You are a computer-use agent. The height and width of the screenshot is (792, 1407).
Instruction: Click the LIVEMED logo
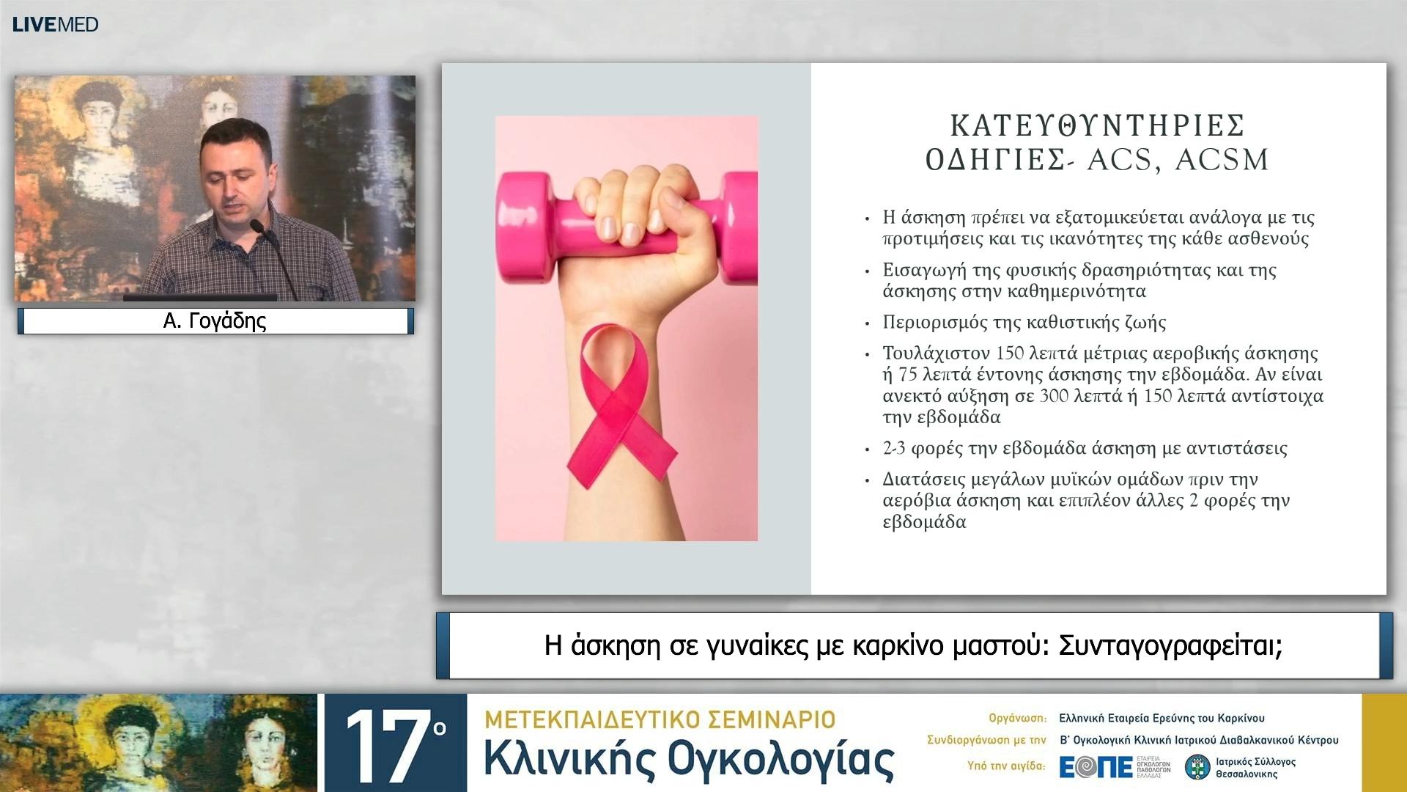(x=55, y=24)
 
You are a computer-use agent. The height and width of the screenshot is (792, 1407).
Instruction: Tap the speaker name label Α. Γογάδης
(x=215, y=320)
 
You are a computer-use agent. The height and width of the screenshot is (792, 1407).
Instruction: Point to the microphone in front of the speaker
(x=258, y=227)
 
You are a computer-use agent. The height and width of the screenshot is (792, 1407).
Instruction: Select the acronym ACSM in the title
(x=1222, y=160)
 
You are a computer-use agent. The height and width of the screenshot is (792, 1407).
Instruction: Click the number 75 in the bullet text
(x=908, y=375)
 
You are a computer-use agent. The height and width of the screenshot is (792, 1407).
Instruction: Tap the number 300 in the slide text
(x=1054, y=396)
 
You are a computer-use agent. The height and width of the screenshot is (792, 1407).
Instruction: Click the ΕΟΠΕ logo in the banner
(x=1096, y=767)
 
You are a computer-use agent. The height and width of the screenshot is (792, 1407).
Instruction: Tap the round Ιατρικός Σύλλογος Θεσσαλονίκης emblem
(x=1197, y=767)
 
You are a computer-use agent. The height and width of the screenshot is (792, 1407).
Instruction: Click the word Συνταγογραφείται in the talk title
(x=1170, y=645)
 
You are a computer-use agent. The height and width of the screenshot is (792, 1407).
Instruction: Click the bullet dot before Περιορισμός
(x=867, y=323)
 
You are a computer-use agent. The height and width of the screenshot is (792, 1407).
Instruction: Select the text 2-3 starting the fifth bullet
(x=894, y=448)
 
